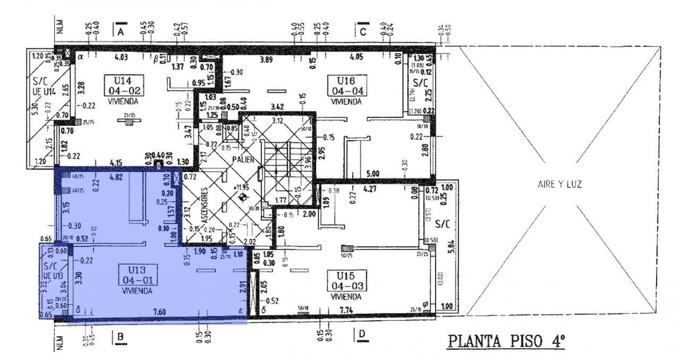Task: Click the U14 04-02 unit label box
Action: click(124, 85)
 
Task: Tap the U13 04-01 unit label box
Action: click(137, 275)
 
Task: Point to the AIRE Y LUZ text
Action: click(559, 185)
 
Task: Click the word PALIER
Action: click(244, 160)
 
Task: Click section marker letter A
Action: click(121, 32)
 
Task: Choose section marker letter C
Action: click(363, 32)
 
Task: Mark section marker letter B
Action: click(121, 336)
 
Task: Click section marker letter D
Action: click(362, 335)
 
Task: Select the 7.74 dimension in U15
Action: click(346, 310)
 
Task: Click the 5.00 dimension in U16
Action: click(373, 174)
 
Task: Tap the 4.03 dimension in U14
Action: click(121, 58)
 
